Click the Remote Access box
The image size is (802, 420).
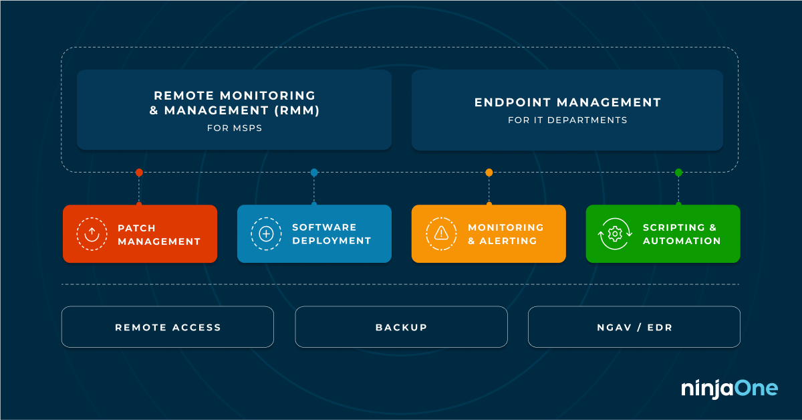coord(168,327)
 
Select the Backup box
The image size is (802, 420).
coord(401,327)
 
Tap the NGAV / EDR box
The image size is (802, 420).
coord(634,327)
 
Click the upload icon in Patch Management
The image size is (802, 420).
coord(92,233)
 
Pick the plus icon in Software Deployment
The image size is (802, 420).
coord(266,233)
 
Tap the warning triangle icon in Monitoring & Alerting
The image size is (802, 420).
coord(441,233)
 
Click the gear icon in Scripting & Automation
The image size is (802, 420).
coord(615,233)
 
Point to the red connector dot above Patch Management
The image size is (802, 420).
coord(139,173)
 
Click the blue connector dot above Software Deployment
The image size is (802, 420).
coord(314,173)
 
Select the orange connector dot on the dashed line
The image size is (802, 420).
coord(489,173)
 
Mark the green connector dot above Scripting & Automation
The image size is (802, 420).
coord(678,173)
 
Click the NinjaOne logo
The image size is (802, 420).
coord(729,388)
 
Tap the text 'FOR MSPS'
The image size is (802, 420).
coord(234,128)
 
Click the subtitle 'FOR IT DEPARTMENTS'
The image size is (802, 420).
coord(567,120)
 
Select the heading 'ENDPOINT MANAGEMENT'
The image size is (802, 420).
coord(567,102)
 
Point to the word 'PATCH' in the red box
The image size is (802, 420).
coord(137,227)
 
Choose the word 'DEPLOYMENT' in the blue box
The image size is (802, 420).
coord(331,241)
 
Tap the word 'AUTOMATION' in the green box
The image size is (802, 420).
coord(682,241)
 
